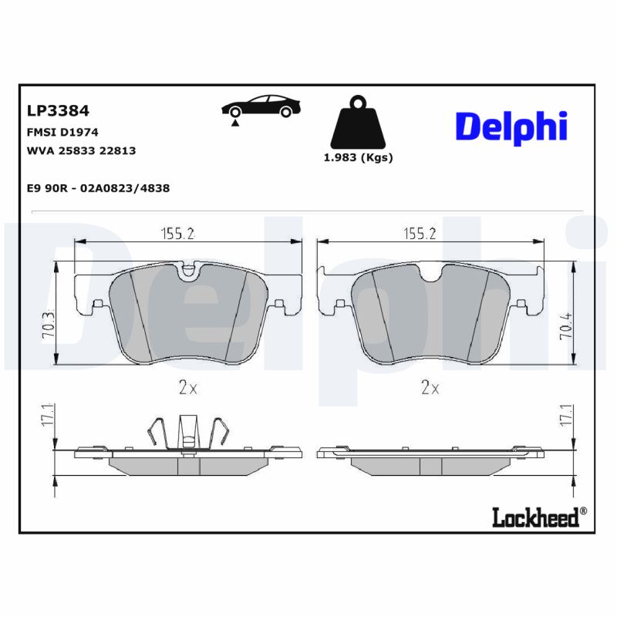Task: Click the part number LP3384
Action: click(58, 112)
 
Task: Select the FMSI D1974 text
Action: click(62, 133)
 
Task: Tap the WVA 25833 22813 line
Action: click(81, 150)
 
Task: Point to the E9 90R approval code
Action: click(98, 187)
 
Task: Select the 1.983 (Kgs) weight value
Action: click(356, 157)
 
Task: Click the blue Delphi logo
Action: click(511, 126)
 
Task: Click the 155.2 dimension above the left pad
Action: click(177, 234)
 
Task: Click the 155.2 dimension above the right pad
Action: click(420, 234)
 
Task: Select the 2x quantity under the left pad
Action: click(188, 389)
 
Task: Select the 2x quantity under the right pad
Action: click(430, 389)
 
